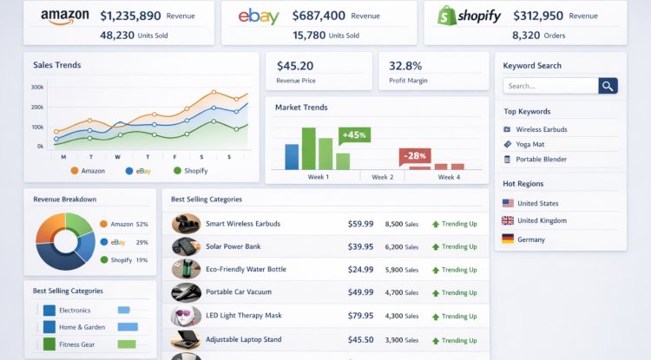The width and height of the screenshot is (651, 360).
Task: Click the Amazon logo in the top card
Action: click(65, 16)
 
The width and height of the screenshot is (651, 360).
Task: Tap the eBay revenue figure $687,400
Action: click(319, 16)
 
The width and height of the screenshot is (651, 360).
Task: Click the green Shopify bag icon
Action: click(447, 16)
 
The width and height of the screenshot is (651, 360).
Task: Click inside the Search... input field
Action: click(550, 86)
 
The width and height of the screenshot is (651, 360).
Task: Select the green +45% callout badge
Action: click(354, 135)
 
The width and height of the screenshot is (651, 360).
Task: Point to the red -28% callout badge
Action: click(415, 156)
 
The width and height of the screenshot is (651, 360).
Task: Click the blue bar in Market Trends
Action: click(292, 157)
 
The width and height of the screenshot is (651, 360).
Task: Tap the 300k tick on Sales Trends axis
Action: click(37, 87)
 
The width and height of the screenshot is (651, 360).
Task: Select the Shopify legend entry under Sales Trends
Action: click(191, 171)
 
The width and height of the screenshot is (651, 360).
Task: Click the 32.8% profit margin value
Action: click(405, 66)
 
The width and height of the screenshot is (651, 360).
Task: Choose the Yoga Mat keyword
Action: click(529, 144)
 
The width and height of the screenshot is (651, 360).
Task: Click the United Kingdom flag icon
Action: click(508, 220)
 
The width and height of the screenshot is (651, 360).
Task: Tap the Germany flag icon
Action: click(508, 239)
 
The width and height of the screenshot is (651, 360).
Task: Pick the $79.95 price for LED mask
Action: click(360, 316)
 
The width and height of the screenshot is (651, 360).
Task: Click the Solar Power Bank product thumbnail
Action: click(186, 246)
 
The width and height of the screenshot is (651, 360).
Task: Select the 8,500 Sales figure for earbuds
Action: click(402, 224)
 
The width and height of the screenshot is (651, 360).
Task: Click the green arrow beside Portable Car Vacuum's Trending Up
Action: click(436, 293)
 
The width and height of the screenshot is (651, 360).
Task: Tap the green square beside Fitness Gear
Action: click(49, 344)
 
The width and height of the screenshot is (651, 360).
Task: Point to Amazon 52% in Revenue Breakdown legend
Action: click(124, 224)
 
